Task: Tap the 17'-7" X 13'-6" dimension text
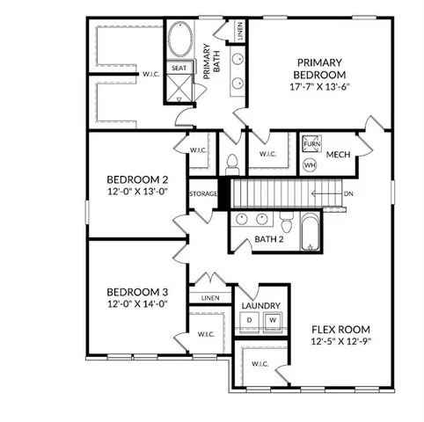(319, 88)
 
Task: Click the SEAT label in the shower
(179, 68)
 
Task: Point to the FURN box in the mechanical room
(311, 143)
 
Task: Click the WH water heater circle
(310, 164)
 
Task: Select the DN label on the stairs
(348, 194)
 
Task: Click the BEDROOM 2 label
(136, 175)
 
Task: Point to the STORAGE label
(202, 193)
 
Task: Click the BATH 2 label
(269, 239)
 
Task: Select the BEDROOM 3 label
(136, 292)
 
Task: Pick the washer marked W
(273, 319)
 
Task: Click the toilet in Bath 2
(233, 163)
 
